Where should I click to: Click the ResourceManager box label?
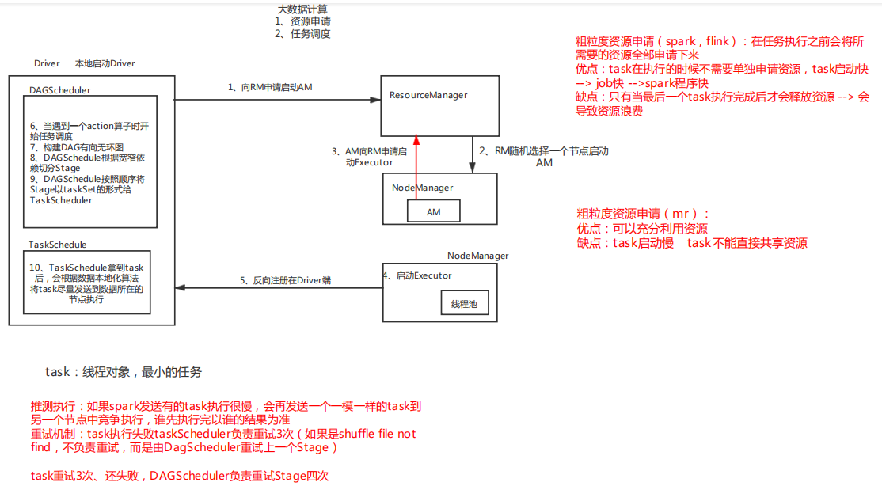tap(428, 95)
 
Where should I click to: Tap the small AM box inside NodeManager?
tap(433, 211)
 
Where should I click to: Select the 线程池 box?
tap(464, 304)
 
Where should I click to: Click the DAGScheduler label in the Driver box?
tap(59, 91)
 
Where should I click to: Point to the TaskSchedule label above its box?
tap(58, 245)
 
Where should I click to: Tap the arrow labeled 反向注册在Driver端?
tap(277, 288)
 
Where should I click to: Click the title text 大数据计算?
tap(302, 9)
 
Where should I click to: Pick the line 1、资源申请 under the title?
tap(302, 21)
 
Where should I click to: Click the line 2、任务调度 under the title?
tap(302, 34)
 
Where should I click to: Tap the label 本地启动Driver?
tap(105, 63)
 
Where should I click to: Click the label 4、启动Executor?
tap(417, 275)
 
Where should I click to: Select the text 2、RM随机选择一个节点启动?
tap(543, 150)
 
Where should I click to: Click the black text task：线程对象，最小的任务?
tap(124, 372)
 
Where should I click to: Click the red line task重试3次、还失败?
tap(180, 475)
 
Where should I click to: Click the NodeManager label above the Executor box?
tap(477, 256)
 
